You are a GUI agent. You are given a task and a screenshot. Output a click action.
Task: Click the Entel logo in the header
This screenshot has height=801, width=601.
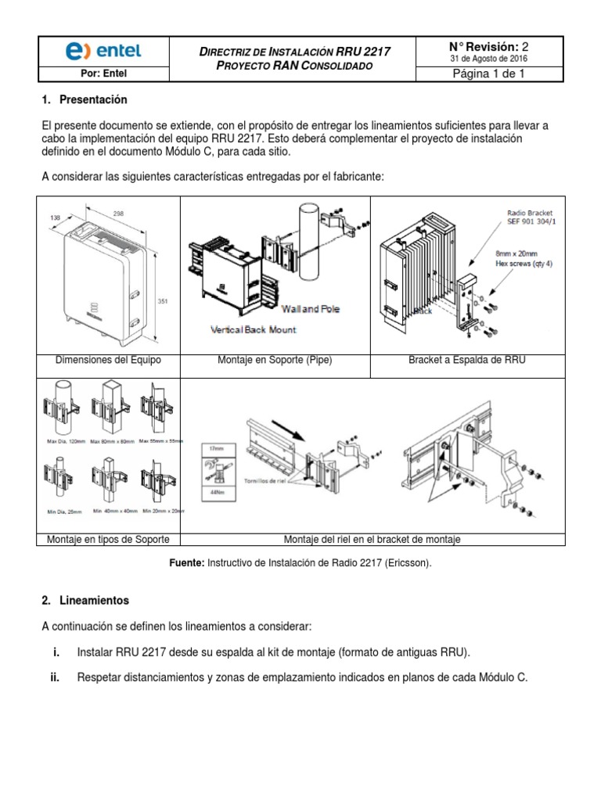(x=103, y=51)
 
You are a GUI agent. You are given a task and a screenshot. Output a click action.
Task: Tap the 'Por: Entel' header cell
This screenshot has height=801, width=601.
(x=103, y=75)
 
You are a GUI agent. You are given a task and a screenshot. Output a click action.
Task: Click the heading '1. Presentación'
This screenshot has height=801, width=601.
(x=84, y=100)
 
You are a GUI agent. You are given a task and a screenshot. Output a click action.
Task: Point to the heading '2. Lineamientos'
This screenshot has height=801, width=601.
(x=85, y=601)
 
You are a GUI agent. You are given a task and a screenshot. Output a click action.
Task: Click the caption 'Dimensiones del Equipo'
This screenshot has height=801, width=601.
(x=109, y=361)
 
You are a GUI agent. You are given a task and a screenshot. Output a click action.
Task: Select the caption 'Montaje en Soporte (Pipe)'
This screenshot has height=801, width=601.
(x=275, y=361)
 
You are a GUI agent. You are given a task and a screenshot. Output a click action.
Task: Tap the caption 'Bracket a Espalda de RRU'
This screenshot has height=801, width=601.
(x=467, y=361)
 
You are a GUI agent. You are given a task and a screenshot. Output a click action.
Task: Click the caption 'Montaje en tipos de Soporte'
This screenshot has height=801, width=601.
(x=109, y=540)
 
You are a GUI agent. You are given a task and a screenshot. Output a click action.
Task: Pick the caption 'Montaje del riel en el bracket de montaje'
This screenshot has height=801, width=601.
(x=372, y=540)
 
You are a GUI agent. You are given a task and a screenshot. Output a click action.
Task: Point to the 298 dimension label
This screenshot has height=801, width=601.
(x=117, y=214)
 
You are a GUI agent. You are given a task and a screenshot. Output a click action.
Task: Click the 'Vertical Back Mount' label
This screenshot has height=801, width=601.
(x=254, y=330)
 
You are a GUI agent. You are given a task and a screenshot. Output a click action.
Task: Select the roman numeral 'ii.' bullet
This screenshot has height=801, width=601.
(x=55, y=678)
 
